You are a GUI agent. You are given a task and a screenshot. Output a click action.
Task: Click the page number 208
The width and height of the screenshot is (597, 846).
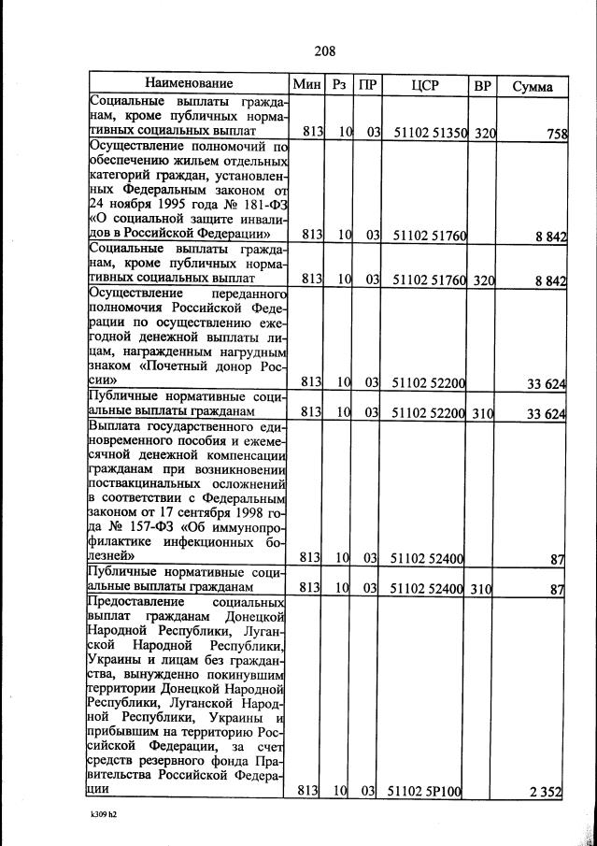coord(324,50)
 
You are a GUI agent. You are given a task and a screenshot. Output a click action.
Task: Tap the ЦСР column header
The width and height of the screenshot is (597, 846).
coord(425,85)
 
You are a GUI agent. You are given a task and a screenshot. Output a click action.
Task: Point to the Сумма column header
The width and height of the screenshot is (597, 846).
coord(532,86)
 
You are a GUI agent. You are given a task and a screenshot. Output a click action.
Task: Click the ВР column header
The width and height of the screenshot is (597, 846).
coord(483,85)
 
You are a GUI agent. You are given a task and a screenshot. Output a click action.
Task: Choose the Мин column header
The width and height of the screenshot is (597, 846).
coord(306,85)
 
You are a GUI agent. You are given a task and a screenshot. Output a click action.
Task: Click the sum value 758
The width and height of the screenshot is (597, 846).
coord(555,134)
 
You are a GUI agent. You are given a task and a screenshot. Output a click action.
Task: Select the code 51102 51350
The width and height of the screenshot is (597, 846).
coord(429,134)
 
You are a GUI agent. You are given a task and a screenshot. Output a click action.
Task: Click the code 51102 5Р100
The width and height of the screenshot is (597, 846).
coord(426,792)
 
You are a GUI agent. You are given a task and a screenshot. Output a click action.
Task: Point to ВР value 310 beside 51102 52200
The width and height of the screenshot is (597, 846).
coord(483,412)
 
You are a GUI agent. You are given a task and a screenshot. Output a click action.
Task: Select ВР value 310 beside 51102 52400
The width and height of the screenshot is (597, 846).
coord(483,588)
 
